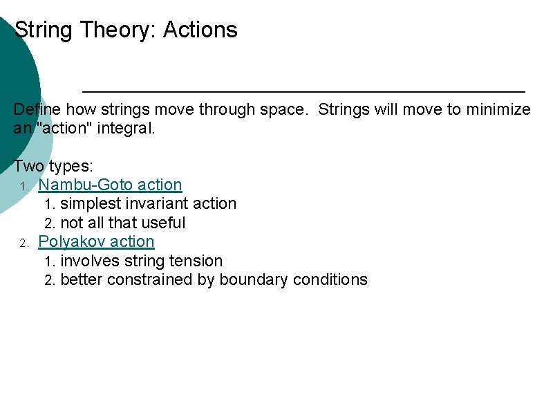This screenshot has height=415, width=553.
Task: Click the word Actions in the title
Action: pos(200,30)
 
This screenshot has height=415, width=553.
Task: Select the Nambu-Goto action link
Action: pos(110,185)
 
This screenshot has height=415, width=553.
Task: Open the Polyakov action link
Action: pos(96,241)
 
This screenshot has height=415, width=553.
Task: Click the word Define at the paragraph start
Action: pos(36,109)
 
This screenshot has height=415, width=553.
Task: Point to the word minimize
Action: pos(500,109)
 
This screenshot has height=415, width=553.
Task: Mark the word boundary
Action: pos(254,279)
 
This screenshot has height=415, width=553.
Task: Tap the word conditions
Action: pos(330,279)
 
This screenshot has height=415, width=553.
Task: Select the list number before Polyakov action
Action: pos(23,243)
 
